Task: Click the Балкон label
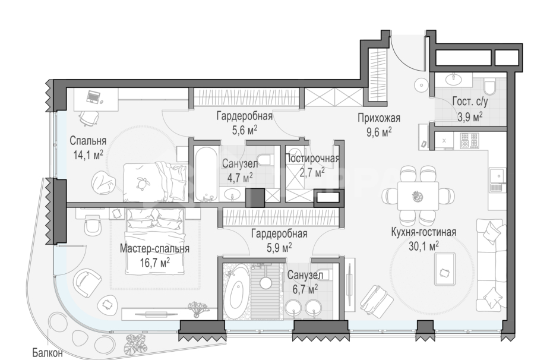tap(48, 353)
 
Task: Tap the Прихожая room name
tap(379, 117)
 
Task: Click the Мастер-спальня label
tap(154, 248)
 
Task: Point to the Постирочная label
tap(312, 158)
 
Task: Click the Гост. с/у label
tap(467, 102)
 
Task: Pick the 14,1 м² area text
tap(87, 154)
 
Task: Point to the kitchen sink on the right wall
tap(496, 176)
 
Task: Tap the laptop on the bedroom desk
tap(94, 96)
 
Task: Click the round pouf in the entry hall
tap(421, 86)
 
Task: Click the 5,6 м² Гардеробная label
tap(236, 116)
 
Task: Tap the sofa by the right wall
tap(491, 261)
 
